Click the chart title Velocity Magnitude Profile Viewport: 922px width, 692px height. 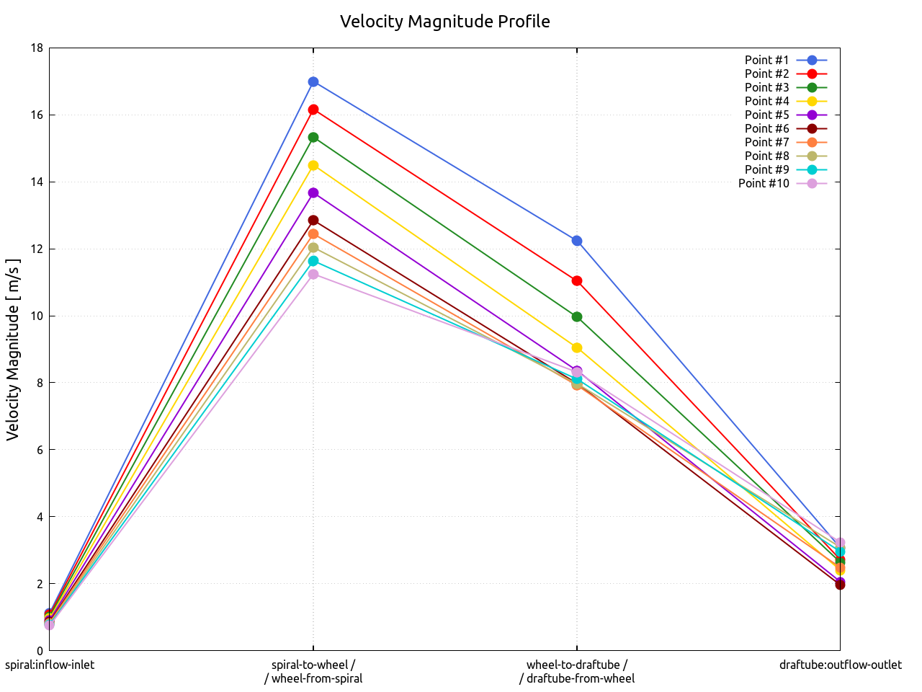[x=444, y=22]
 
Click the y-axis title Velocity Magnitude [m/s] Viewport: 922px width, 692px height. [x=13, y=350]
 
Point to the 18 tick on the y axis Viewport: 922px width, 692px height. [x=37, y=48]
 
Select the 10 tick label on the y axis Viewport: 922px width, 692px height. [x=37, y=316]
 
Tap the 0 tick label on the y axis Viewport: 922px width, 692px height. [x=40, y=651]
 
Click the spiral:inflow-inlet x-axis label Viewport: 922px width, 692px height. [x=50, y=665]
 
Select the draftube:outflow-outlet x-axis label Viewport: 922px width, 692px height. [x=840, y=665]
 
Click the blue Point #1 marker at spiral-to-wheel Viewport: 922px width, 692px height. [x=313, y=82]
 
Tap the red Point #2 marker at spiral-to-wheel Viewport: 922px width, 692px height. [x=313, y=110]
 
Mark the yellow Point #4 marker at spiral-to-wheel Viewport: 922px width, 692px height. [x=313, y=166]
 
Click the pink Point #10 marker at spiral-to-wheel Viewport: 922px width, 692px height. [x=313, y=275]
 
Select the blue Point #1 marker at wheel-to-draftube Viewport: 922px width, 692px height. [x=577, y=241]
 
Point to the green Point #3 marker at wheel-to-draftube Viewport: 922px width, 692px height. [x=577, y=316]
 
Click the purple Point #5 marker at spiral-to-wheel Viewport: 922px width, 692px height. [x=313, y=193]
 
